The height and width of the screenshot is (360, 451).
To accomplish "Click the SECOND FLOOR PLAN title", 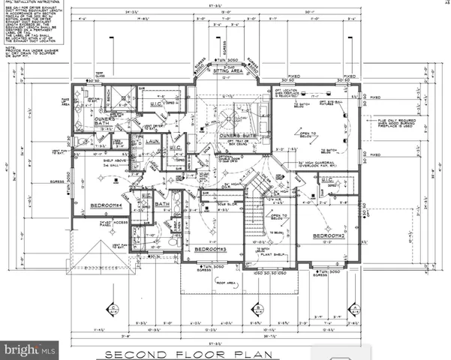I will click(224, 353).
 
